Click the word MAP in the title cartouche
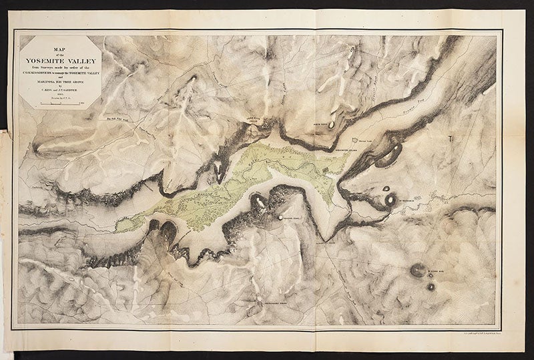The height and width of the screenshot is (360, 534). click(x=59, y=48)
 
